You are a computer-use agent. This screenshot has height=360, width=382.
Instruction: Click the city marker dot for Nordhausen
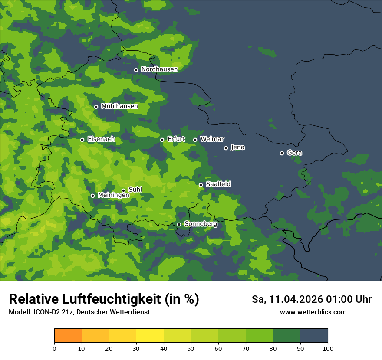pos(136,70)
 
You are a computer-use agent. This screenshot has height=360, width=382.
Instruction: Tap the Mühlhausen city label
pos(119,106)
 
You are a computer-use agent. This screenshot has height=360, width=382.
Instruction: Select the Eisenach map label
pos(101,139)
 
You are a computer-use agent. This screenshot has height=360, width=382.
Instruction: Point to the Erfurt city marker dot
pos(162,140)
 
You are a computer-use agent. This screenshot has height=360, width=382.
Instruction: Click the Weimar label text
pos(212,139)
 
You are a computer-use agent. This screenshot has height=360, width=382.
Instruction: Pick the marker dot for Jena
pos(226,148)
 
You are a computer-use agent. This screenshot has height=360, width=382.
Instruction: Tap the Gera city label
pos(294,153)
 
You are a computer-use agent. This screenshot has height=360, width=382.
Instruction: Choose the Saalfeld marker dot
pos(201,185)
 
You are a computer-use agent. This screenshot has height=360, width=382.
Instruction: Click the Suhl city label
pos(135,190)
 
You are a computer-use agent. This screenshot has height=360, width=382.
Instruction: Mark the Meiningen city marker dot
pos(92,196)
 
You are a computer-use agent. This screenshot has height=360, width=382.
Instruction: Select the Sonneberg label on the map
pos(201,224)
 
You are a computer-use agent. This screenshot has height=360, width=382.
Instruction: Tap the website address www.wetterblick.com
pos(313,312)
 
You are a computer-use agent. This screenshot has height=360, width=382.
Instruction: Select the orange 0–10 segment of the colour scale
pos(68,336)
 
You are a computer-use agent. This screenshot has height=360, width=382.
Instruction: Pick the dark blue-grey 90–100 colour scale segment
pos(314,336)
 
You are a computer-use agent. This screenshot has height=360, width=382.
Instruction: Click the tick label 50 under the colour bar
pos(191,349)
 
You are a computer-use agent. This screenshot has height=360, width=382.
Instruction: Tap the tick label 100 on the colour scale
pos(328,349)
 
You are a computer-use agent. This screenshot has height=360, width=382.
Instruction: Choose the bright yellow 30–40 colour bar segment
pos(150,336)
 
